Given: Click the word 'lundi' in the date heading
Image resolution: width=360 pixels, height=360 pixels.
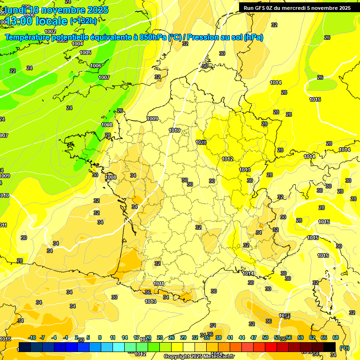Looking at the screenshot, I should tap(16, 10).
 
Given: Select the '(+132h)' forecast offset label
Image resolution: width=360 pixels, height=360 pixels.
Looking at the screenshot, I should tap(83, 21).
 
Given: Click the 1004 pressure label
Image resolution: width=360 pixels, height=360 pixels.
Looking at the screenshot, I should tap(78, 44).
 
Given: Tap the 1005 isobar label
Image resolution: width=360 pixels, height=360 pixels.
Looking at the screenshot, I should tap(85, 52).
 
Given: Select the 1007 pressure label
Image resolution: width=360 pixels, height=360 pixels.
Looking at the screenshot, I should tap(104, 77).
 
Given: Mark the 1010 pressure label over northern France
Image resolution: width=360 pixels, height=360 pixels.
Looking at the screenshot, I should tap(174, 130).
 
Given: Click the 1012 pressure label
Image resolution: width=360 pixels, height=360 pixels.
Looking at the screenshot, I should tap(228, 159).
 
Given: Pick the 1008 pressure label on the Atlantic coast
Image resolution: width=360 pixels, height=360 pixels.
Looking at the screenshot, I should tap(111, 177).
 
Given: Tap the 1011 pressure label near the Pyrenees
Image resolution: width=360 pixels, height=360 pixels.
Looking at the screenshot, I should tap(159, 284).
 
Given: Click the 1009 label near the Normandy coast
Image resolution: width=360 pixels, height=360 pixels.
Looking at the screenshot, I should tap(152, 119).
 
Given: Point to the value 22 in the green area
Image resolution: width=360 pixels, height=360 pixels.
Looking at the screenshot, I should tap(13, 71).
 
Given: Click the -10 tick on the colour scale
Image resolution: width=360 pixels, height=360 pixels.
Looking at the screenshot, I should tap(32, 337).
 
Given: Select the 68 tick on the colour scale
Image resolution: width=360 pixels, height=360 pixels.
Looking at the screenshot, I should tap(336, 337).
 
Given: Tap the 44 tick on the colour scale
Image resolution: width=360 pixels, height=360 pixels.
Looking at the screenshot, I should tap(242, 337).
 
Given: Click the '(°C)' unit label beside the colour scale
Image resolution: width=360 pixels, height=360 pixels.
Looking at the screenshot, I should tap(344, 347).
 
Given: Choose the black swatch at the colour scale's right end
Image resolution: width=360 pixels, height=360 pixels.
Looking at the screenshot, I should tap(330, 347).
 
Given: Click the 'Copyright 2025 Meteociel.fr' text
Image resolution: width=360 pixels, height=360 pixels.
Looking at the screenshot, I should tap(199, 356).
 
